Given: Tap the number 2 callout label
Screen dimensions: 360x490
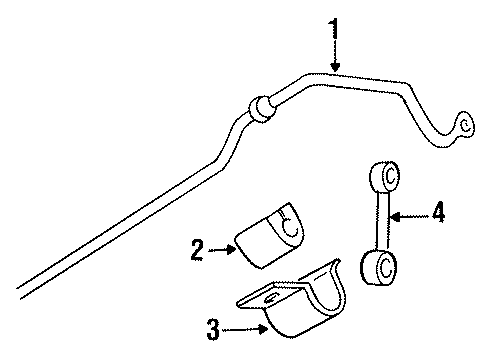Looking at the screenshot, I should (197, 248).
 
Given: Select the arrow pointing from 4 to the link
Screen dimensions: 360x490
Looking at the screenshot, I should (405, 213).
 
